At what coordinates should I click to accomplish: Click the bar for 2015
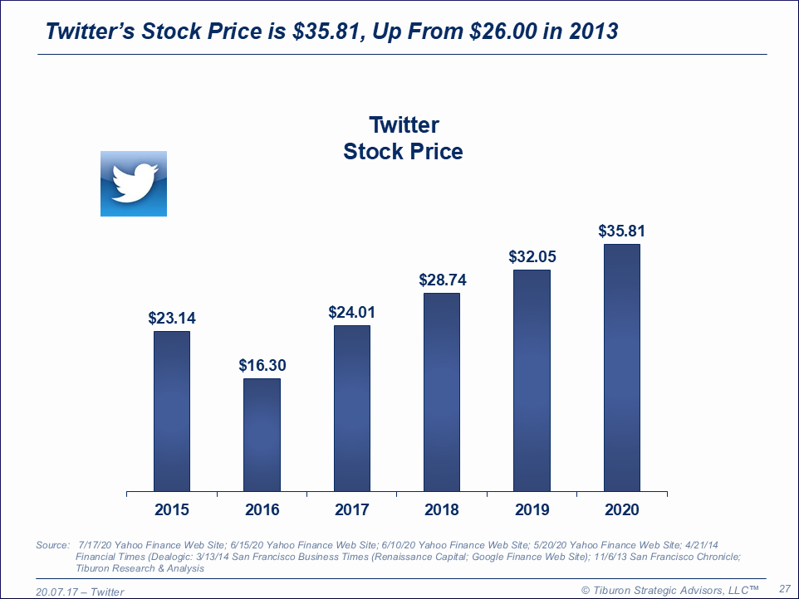(x=172, y=411)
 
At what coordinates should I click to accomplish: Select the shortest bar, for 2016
(x=262, y=435)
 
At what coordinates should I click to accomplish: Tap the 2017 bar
(x=352, y=408)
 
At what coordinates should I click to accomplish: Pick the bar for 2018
(x=442, y=392)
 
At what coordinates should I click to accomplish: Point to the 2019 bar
(x=532, y=380)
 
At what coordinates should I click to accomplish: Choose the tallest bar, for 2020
(x=622, y=368)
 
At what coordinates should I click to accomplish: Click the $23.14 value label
(x=172, y=318)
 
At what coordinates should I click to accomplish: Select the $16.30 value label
(x=262, y=365)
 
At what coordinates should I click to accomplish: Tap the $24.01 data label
(x=352, y=312)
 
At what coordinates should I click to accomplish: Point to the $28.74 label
(x=442, y=280)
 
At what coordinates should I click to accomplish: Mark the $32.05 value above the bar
(x=532, y=256)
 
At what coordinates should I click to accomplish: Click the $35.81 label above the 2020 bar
(x=622, y=231)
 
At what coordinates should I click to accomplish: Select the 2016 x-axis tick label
(x=262, y=509)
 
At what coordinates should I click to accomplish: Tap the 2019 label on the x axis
(x=532, y=509)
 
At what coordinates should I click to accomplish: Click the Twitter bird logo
(x=134, y=183)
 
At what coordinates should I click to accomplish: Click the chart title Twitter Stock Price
(x=404, y=139)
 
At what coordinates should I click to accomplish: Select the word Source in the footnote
(x=51, y=545)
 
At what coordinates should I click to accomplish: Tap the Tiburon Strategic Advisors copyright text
(x=669, y=589)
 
